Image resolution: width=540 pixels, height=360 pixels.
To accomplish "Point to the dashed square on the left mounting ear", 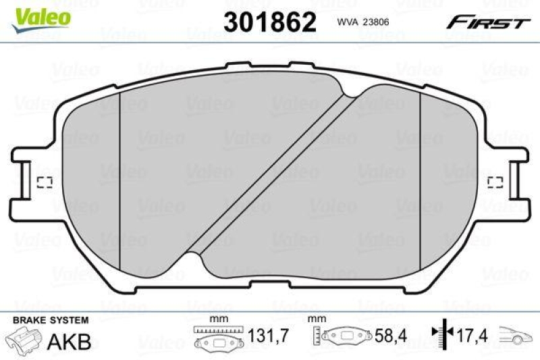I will click(45, 182).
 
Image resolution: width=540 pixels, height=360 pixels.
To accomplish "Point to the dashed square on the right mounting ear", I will click(495, 182).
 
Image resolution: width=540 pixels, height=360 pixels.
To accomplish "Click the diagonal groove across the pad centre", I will click(270, 169).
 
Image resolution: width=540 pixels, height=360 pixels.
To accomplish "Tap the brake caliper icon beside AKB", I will click(23, 340).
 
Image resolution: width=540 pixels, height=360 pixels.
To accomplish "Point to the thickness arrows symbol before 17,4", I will click(442, 335).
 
